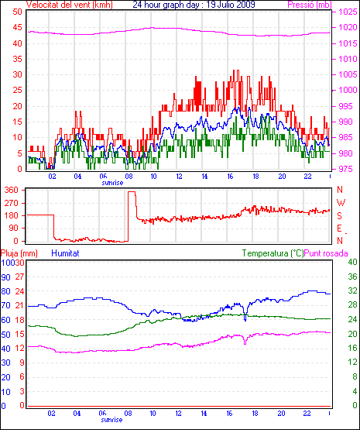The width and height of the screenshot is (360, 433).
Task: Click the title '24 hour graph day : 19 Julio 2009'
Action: point(194,5)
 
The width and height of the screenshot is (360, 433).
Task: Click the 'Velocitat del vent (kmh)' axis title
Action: point(70,5)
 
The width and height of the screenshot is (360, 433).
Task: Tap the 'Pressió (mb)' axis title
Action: point(310,5)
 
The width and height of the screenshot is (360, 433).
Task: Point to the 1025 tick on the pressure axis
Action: point(348,12)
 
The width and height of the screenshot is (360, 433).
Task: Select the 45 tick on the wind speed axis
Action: point(17,28)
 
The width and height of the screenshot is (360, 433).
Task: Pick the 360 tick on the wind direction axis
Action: point(12,190)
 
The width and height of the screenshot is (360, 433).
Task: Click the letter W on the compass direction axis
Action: point(341,203)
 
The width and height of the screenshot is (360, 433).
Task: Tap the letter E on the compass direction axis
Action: point(340,228)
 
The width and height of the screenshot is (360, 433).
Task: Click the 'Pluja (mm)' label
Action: point(19,253)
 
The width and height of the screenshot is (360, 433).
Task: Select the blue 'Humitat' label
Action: point(66,253)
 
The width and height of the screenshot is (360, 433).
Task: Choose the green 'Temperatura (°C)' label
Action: point(273,253)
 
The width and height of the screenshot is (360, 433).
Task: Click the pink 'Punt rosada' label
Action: point(326,253)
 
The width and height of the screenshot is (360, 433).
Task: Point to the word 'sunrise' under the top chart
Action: point(112,183)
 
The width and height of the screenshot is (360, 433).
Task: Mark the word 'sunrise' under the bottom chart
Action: point(111,420)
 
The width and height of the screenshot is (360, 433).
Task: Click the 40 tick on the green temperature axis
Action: point(352,262)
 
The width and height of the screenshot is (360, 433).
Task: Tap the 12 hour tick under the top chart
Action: point(179,176)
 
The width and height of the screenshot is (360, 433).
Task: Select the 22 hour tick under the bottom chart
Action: point(307,414)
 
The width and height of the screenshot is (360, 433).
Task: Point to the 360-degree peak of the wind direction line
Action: point(132,192)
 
